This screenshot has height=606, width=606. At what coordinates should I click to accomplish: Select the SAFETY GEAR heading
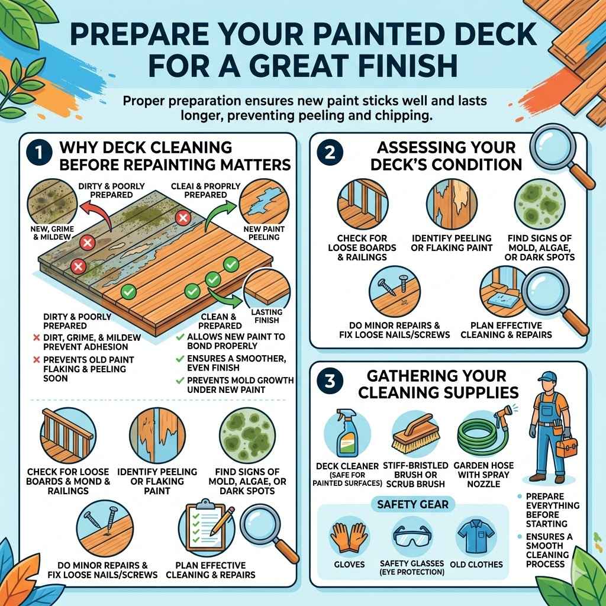[412, 504]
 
